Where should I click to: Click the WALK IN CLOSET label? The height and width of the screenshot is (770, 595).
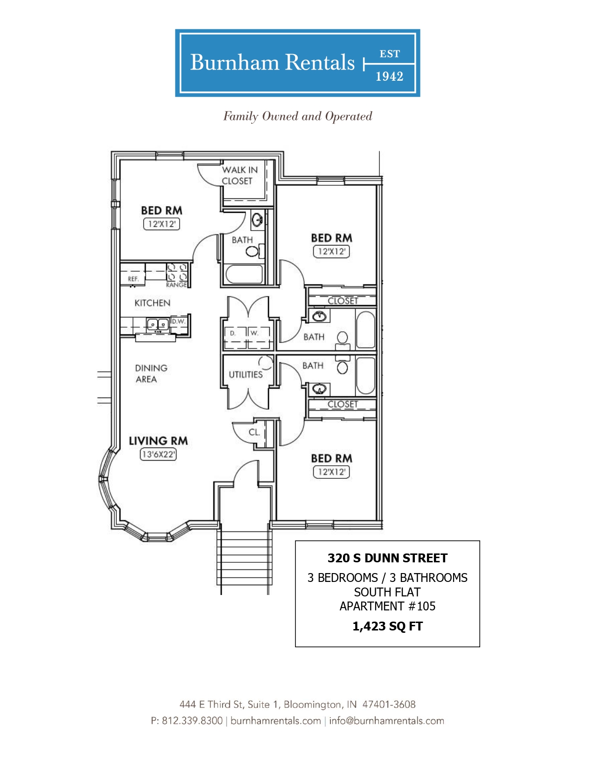239,175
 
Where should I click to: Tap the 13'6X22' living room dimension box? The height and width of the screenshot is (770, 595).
158,454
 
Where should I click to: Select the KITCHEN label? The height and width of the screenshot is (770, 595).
153,303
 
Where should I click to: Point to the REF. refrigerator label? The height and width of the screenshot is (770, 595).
133,279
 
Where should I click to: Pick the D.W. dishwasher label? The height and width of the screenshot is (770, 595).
178,322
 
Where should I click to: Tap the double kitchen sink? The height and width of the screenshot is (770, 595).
158,324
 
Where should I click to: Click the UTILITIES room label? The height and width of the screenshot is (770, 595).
245,375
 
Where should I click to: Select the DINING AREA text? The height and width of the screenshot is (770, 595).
151,373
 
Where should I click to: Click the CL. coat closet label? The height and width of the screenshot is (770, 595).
254,432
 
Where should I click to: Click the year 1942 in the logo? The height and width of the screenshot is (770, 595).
390,77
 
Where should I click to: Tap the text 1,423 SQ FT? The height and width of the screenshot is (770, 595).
387,626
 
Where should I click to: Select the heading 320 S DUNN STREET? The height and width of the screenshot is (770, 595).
387,558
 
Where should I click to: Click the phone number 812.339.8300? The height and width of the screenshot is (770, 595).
192,721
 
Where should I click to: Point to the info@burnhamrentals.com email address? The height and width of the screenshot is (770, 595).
386,721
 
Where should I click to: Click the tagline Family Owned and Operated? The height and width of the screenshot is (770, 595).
298,116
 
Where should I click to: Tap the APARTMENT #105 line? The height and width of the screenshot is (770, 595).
387,606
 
